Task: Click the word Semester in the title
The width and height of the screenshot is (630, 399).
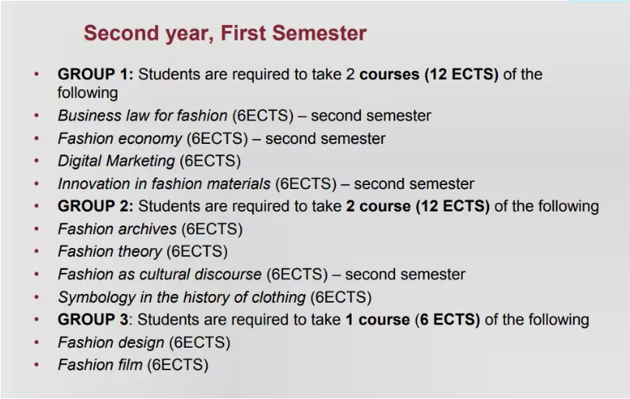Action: click(319, 33)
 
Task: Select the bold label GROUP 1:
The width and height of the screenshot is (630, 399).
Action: click(95, 75)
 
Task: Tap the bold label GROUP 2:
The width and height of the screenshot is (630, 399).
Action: click(95, 206)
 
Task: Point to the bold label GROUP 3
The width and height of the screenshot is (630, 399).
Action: click(93, 320)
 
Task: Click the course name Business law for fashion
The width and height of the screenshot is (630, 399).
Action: click(142, 116)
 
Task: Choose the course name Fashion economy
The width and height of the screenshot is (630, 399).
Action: click(120, 138)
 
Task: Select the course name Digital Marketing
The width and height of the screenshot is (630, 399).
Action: click(117, 161)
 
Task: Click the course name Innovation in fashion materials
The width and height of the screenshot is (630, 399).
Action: click(164, 184)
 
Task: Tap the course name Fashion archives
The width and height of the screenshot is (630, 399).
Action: click(117, 229)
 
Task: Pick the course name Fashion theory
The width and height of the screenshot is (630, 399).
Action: click(110, 251)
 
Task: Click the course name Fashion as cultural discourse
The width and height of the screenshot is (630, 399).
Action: click(160, 275)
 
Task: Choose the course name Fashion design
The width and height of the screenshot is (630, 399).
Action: click(111, 343)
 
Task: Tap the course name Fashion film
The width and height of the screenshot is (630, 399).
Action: click(100, 366)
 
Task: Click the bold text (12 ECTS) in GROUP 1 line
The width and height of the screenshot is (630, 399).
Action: click(462, 75)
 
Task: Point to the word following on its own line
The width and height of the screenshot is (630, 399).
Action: click(88, 93)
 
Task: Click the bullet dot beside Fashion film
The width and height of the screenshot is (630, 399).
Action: click(37, 365)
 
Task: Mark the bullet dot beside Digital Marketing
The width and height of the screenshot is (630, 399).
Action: click(37, 161)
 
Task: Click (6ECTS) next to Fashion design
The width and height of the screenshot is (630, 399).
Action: click(200, 343)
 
